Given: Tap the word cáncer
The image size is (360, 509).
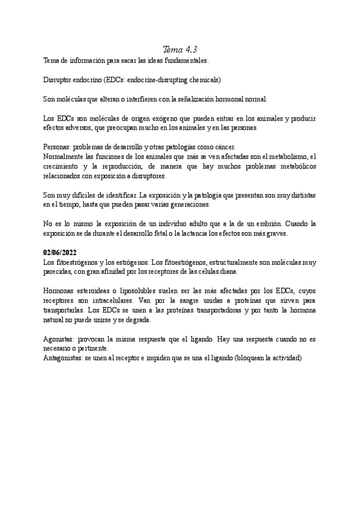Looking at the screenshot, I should coord(227,147).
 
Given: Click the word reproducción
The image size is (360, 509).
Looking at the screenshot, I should coord(139,166).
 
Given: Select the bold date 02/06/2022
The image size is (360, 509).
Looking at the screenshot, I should coord(61,253).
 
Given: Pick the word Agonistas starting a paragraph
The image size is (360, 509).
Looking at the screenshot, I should coord(60,339).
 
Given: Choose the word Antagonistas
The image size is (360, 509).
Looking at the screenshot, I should coord(65,358).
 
